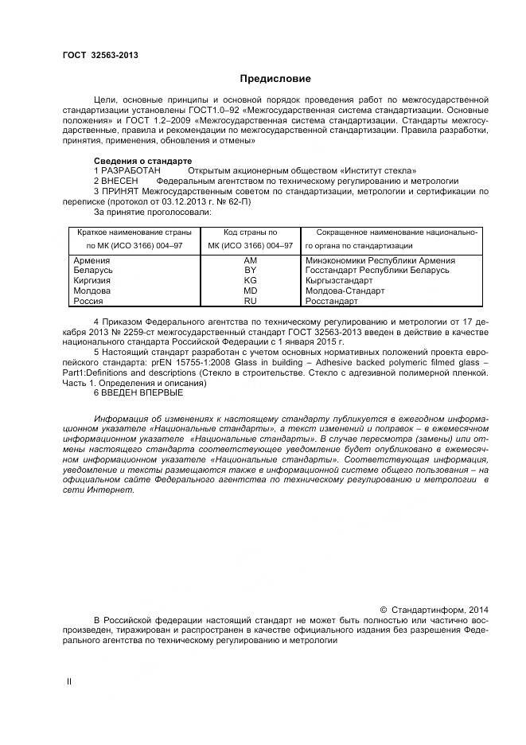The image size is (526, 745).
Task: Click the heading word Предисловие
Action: pyautogui.click(x=275, y=79)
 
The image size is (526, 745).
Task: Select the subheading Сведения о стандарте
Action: pyautogui.click(x=138, y=161)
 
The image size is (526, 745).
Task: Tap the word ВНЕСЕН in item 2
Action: pyautogui.click(x=119, y=181)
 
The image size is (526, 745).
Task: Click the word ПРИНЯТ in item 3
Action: pyautogui.click(x=119, y=192)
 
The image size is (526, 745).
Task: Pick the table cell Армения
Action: pyautogui.click(x=92, y=260)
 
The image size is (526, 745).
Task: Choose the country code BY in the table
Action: pyautogui.click(x=251, y=271)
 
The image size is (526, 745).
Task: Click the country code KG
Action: pyautogui.click(x=251, y=281)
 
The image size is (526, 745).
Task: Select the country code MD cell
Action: pyautogui.click(x=251, y=291)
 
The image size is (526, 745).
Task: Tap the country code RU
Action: pyautogui.click(x=251, y=302)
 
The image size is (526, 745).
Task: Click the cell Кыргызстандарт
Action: pyautogui.click(x=339, y=281)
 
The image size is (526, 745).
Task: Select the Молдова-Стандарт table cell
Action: pyautogui.click(x=345, y=291)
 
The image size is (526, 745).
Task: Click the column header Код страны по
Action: pyautogui.click(x=251, y=232)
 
